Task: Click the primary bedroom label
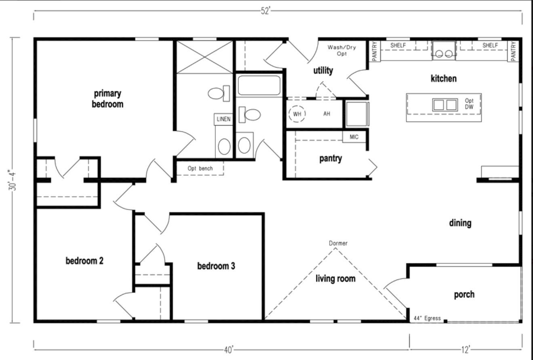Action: click(x=107, y=99)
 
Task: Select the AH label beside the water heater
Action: click(x=327, y=114)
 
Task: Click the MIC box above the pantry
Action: click(x=354, y=137)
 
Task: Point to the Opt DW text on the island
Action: click(x=469, y=104)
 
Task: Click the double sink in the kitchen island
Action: click(x=445, y=105)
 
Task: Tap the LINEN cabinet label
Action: click(x=223, y=119)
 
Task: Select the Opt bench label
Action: click(x=200, y=168)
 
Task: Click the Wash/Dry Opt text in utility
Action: click(x=342, y=51)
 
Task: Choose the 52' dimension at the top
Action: click(x=266, y=11)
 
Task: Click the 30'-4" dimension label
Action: click(x=13, y=180)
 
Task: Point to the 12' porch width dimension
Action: click(x=466, y=350)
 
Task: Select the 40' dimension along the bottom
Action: click(x=229, y=350)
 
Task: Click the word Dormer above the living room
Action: click(x=338, y=243)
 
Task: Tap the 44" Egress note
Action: click(x=428, y=318)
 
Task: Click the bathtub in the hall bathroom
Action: click(x=259, y=86)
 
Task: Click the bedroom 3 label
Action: click(x=216, y=266)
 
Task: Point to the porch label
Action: click(x=464, y=295)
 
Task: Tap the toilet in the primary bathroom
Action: click(x=219, y=93)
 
